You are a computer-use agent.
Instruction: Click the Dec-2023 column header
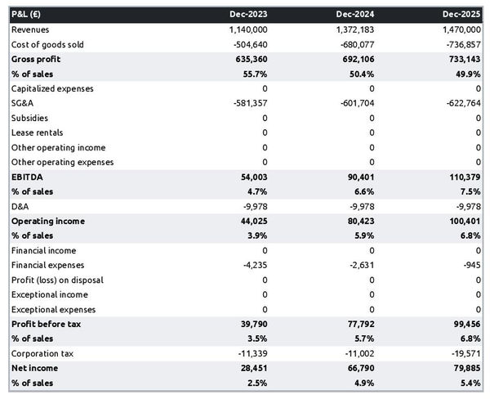(249, 15)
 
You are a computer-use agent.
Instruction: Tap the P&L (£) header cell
(29, 15)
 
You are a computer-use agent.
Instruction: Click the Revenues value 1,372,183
(351, 29)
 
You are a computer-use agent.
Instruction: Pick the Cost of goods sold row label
(47, 44)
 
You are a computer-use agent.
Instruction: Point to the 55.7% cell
(255, 74)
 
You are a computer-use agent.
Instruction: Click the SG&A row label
(23, 103)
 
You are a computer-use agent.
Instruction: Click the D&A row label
(20, 206)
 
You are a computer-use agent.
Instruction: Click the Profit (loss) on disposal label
(57, 280)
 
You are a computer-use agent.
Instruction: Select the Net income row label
(34, 368)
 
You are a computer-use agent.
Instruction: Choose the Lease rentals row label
(37, 132)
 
